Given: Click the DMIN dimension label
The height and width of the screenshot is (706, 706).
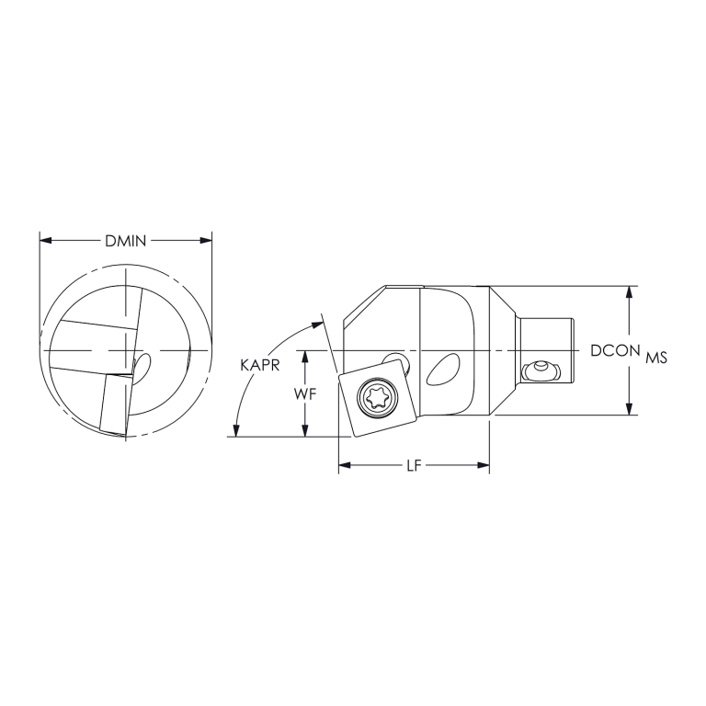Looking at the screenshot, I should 126,241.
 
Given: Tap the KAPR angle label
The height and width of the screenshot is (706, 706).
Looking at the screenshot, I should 260,365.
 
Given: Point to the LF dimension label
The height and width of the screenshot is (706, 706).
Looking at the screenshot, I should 415,466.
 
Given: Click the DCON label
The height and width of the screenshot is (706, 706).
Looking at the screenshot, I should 616,350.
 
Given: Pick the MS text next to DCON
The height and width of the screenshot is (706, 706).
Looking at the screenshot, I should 655,357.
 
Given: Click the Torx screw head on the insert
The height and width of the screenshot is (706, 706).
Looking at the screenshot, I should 378,398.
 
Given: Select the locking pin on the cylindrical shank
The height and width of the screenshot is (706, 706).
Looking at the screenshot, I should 539,370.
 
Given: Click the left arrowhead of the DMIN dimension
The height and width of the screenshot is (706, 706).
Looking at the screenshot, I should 45,241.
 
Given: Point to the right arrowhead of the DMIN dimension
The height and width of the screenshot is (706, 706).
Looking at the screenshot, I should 207,241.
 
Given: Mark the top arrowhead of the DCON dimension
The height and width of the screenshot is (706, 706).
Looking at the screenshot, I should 629,291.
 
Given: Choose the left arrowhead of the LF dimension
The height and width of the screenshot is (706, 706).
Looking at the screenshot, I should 345,466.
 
